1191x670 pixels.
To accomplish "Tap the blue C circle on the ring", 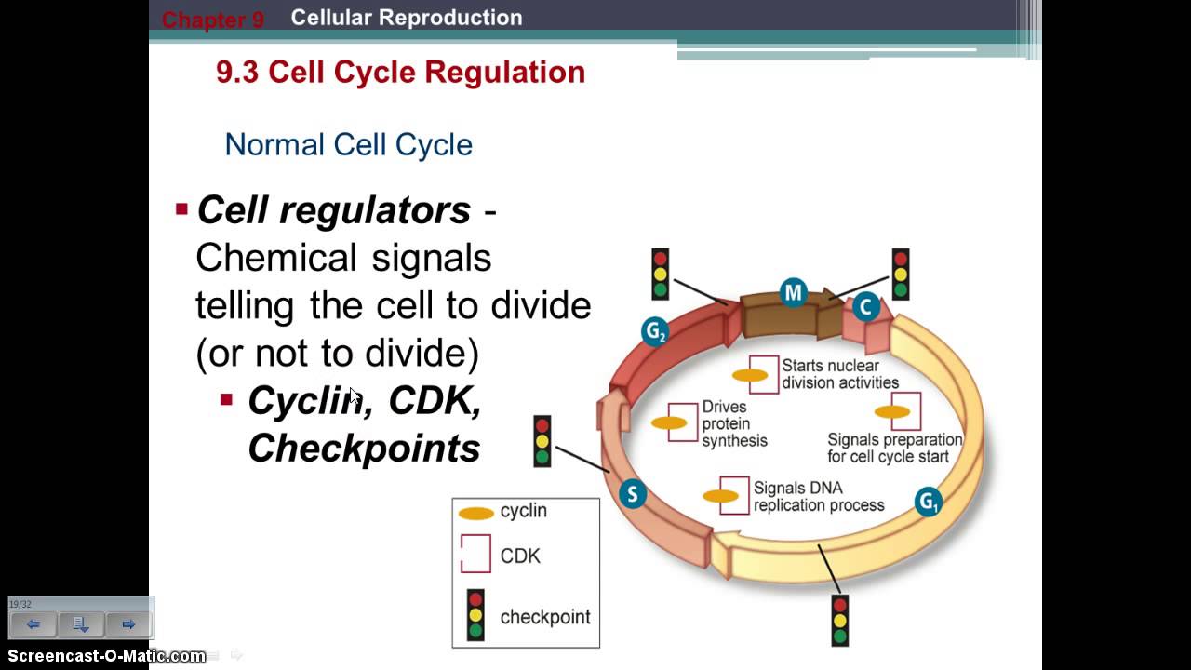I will click(866, 306).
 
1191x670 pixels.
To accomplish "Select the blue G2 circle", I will click(655, 331).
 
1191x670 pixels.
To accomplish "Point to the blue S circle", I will click(633, 493).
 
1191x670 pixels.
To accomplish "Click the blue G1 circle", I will click(928, 502).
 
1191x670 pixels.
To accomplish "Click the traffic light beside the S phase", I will click(542, 441).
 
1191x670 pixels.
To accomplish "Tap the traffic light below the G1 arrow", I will click(840, 620).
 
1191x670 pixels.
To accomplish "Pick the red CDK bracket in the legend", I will click(475, 555).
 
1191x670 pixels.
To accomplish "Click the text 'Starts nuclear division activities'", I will click(839, 374).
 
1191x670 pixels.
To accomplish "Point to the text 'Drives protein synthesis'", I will click(734, 424).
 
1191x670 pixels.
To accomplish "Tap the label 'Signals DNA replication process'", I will click(818, 497).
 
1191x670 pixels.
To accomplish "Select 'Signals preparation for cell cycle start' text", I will click(894, 448).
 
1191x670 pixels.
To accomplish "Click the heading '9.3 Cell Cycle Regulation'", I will click(400, 73).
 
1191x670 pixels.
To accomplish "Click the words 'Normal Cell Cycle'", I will click(349, 144).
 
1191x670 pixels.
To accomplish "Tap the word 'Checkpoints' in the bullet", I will click(364, 449).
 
